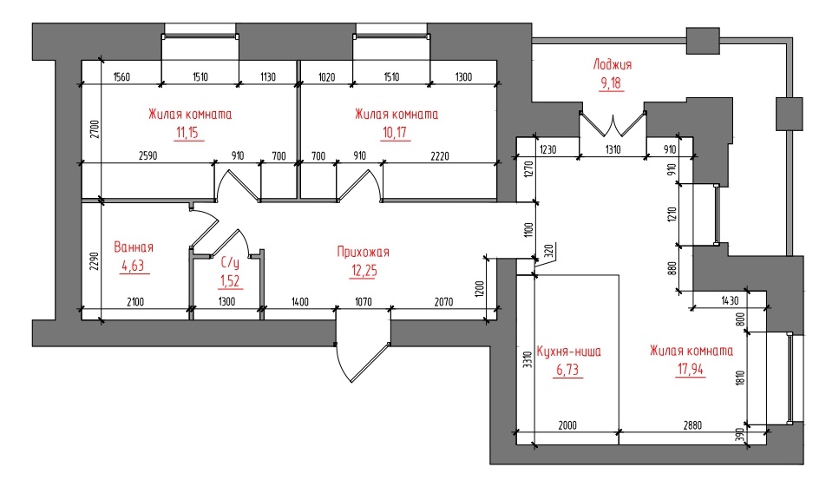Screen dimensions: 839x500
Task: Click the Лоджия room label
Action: pos(613,65)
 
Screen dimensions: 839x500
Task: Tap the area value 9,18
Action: pos(611,83)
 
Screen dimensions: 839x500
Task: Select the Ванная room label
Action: pos(134,247)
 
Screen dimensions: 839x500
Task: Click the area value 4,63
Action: pos(134,266)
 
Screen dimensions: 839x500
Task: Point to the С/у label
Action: pos(230,263)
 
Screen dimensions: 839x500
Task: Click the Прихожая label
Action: pos(364,252)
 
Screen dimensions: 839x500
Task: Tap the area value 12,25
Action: pos(364,271)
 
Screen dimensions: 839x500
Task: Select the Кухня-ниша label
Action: pos(568,352)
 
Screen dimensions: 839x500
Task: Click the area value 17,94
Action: pos(691,370)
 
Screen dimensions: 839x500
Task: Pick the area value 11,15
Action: pos(189,133)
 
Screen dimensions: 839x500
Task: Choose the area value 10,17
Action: pos(395,133)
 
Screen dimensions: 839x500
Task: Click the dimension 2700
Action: pos(95,129)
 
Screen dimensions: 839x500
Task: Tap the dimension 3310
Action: pos(528,359)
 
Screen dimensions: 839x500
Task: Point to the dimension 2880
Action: pos(692,425)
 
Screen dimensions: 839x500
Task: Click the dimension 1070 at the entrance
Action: pos(364,302)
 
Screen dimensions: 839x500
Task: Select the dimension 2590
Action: pos(147,156)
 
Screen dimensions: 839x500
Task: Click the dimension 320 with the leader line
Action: pos(548,252)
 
